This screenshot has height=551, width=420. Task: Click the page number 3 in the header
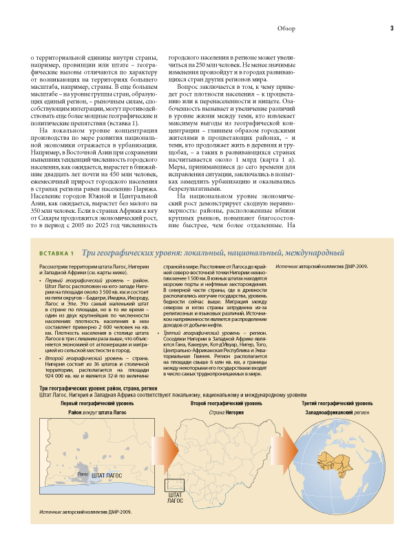391,28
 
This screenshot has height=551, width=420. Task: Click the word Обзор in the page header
286,28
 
